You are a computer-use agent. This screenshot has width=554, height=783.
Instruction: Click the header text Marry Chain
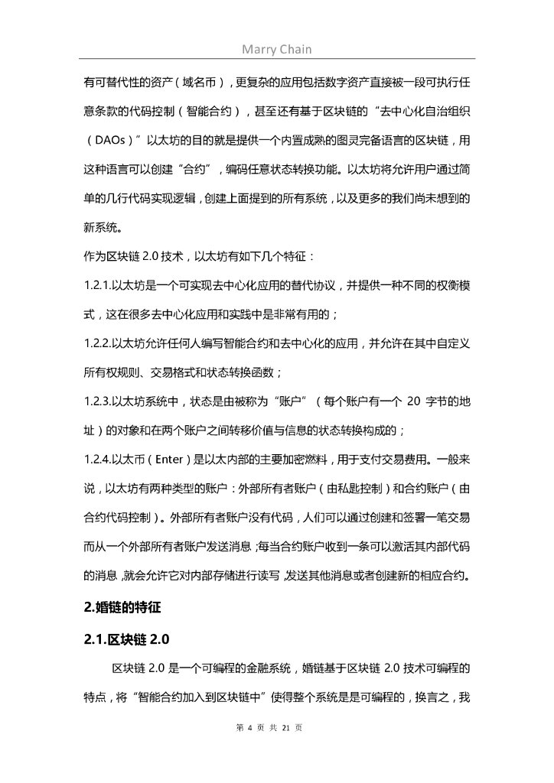pyautogui.click(x=276, y=50)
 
